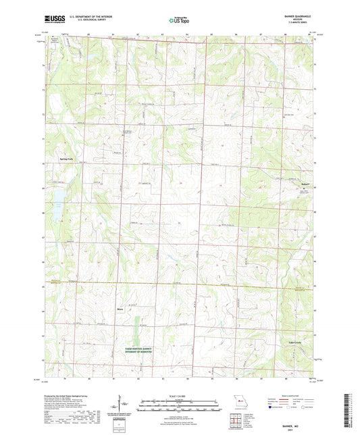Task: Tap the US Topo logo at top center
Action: point(180,21)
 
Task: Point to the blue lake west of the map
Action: point(58,197)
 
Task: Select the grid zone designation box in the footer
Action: point(122,426)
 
